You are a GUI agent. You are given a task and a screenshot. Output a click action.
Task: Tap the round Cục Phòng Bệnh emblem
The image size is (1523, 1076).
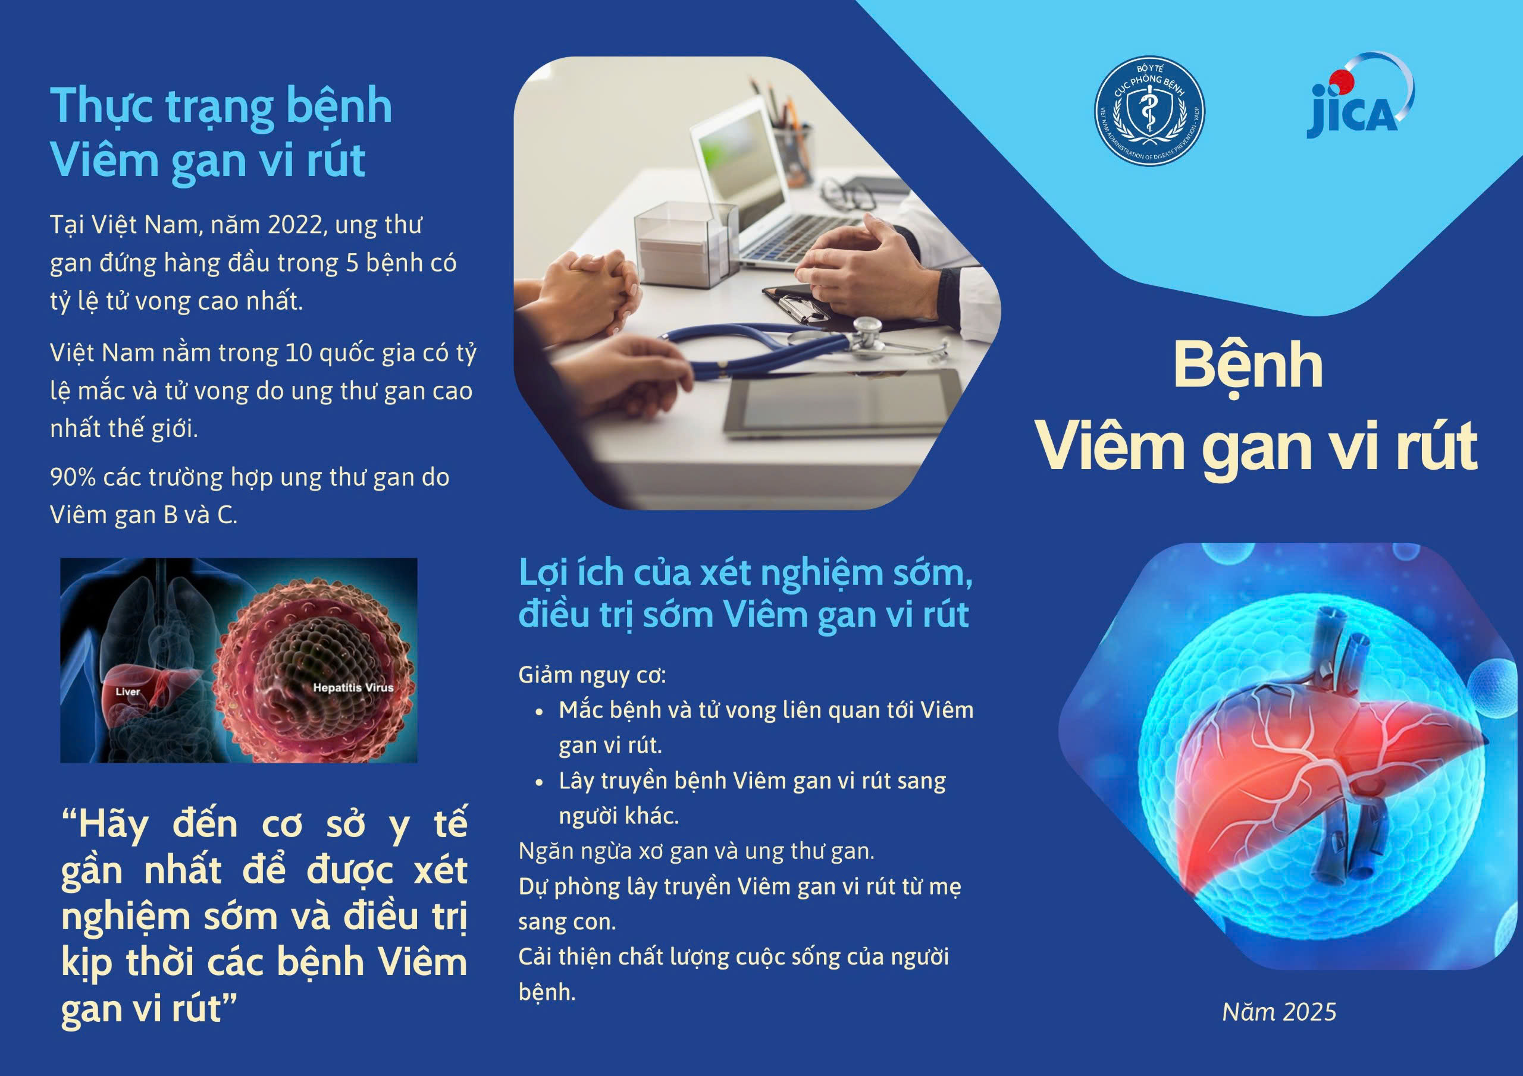click(1149, 111)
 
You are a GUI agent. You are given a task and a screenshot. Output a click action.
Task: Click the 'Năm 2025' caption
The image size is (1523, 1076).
click(1280, 1012)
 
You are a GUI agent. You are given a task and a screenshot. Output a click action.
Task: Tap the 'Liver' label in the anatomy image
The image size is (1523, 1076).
click(128, 692)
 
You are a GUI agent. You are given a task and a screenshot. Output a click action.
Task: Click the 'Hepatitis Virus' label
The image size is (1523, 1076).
click(353, 687)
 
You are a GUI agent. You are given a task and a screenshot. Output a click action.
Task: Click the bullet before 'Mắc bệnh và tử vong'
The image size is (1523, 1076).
click(540, 712)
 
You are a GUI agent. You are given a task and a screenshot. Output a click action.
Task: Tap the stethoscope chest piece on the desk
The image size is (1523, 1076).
click(866, 335)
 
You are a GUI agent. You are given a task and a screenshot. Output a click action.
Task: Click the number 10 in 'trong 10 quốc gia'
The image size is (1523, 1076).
click(299, 353)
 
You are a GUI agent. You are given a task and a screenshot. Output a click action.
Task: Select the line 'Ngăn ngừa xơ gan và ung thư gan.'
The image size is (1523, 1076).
click(697, 851)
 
